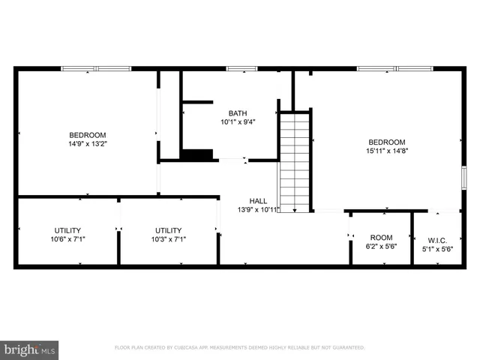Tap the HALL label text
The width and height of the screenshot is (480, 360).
point(258,201)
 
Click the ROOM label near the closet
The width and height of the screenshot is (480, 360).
point(381,237)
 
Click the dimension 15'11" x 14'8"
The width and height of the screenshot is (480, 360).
point(386,150)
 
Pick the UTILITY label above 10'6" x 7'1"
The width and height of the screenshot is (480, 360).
point(67,230)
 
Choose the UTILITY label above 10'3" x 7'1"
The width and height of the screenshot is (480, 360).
point(168,230)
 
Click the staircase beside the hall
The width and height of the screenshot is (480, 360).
point(295,161)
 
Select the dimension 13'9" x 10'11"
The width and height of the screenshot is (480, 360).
point(258,209)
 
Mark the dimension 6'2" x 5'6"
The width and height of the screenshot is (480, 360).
point(381,246)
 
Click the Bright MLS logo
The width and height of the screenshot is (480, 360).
point(30,349)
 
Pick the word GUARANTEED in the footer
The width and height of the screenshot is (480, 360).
point(346,348)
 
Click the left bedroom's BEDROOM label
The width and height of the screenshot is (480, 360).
point(88,135)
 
